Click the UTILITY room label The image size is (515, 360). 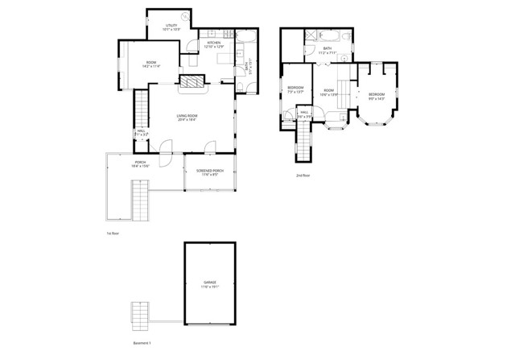pos(171,28)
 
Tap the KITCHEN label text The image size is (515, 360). pos(214,44)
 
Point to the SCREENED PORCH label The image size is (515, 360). pos(209,172)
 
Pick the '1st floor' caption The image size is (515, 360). pos(113,233)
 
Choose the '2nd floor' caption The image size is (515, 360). pos(303,174)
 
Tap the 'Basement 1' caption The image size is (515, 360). pos(142,342)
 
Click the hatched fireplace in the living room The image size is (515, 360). pos(191,81)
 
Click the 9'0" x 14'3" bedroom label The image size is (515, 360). pos(377,97)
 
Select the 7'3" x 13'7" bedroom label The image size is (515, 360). pos(295,89)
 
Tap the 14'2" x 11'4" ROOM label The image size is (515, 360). pos(150,64)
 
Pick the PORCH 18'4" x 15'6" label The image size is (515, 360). pos(140,165)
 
